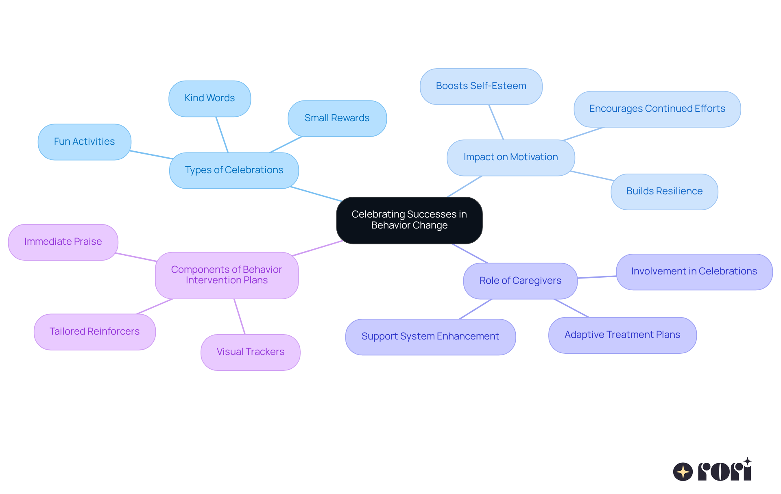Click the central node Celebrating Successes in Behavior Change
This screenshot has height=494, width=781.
tap(409, 220)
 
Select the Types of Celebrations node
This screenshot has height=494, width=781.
tap(234, 170)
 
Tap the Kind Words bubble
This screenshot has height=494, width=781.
tap(209, 98)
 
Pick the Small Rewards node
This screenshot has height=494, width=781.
tap(337, 118)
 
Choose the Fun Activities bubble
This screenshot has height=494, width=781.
tap(84, 142)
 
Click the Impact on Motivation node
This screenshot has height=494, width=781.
tap(510, 157)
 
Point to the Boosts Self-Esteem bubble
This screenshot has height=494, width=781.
tap(481, 86)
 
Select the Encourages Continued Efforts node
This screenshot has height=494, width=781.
tap(657, 109)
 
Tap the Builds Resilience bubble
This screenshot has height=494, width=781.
tap(664, 192)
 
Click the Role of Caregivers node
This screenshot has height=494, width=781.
tap(520, 281)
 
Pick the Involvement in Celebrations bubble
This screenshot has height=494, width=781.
tap(694, 272)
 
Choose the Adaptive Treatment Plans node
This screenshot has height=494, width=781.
tap(622, 335)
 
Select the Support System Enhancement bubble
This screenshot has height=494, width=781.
tap(430, 337)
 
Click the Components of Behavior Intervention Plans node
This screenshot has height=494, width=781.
tap(227, 275)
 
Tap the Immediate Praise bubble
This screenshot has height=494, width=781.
tap(63, 242)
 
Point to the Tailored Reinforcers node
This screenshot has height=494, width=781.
tap(94, 332)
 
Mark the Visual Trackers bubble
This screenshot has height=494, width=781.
tap(250, 352)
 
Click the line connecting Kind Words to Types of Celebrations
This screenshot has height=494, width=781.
tap(222, 135)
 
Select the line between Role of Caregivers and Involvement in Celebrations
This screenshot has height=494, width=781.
tap(597, 277)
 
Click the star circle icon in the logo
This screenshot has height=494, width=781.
tap(683, 472)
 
